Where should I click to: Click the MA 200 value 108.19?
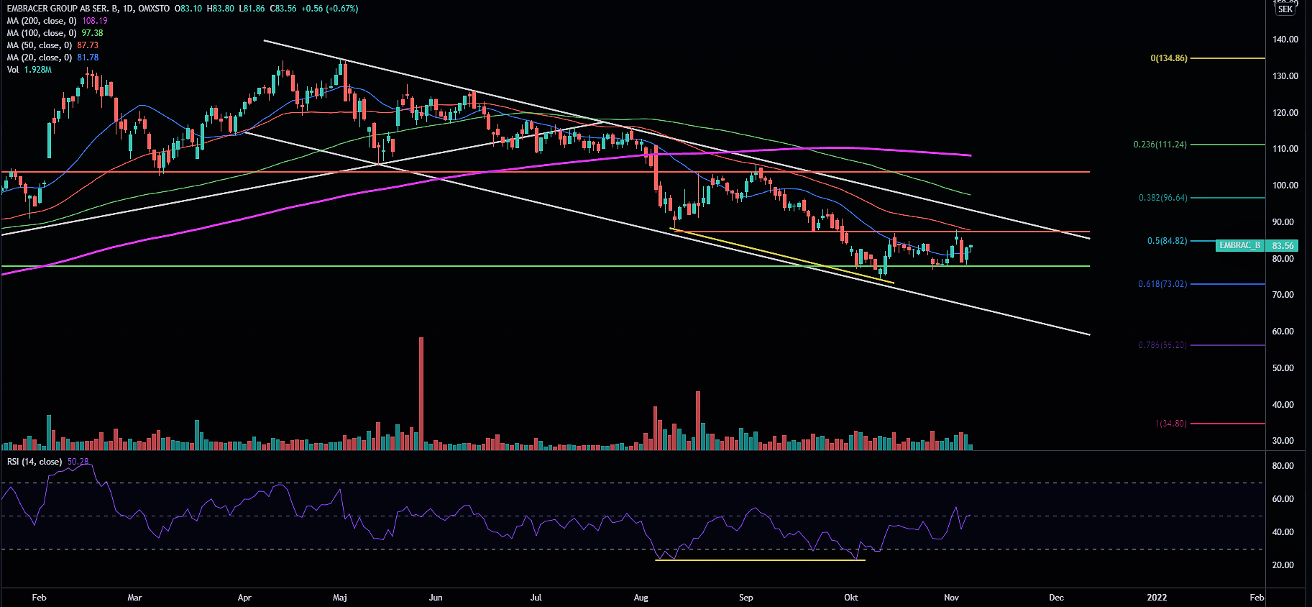click(95, 21)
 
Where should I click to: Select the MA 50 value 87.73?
click(88, 45)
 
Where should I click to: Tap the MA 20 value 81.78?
click(88, 58)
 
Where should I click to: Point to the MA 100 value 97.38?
click(92, 33)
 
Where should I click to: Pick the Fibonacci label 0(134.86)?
click(1169, 58)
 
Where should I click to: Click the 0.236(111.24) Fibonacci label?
click(1160, 145)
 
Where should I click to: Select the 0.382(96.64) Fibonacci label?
click(1162, 198)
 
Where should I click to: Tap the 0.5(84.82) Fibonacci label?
click(1167, 241)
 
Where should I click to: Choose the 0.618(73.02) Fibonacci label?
click(1162, 284)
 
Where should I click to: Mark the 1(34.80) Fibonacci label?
click(1171, 424)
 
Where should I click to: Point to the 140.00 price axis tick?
click(1285, 40)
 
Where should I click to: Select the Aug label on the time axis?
click(641, 598)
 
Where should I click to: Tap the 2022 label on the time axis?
click(1157, 598)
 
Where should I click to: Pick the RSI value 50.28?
click(78, 462)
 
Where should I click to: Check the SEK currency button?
click(1285, 9)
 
